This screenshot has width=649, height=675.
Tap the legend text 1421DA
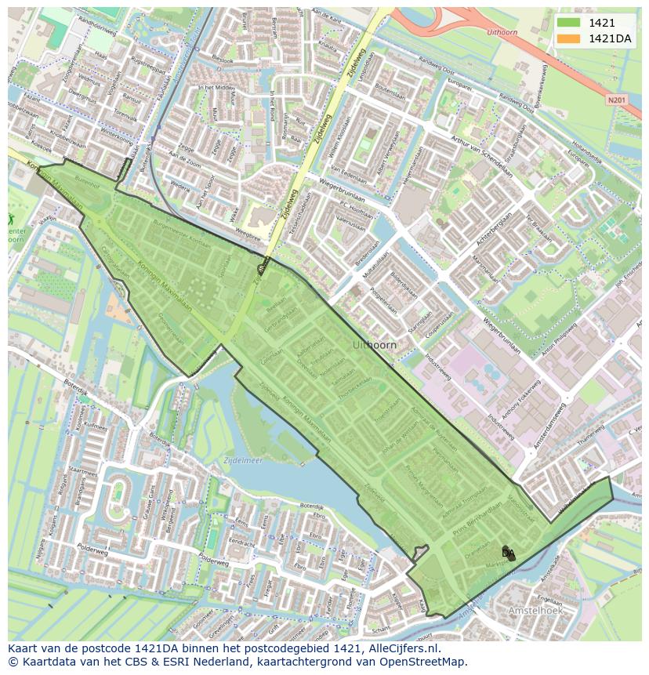(x=609, y=38)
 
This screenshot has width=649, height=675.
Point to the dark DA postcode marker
(x=509, y=553)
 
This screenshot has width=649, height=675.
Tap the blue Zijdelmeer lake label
(x=242, y=460)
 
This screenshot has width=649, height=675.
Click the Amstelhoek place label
(x=535, y=610)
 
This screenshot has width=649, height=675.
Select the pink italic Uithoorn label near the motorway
(x=502, y=33)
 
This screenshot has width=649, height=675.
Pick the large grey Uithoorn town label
(x=375, y=345)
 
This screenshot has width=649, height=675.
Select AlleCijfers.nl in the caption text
(x=401, y=648)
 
